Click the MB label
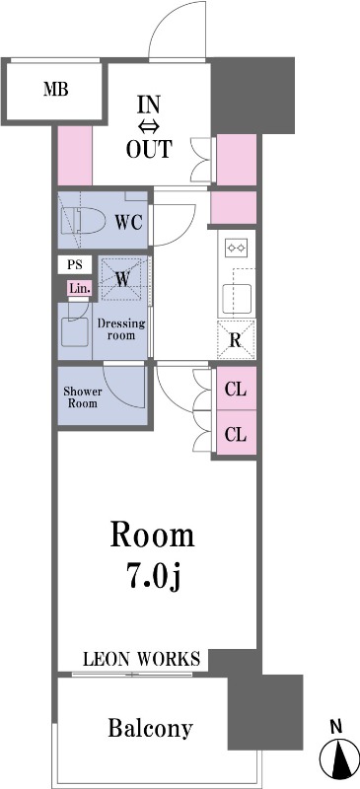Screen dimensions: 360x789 tap(56, 90)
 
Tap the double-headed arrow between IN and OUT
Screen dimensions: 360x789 tap(149, 126)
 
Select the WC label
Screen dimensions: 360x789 tap(130, 220)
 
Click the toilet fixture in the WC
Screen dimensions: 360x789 tap(83, 221)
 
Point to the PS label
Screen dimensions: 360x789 tap(75, 264)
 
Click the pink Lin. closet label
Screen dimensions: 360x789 tap(80, 289)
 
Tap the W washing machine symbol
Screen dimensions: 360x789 tap(122, 278)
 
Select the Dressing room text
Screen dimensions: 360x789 tap(121, 328)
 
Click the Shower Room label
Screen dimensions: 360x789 tap(82, 397)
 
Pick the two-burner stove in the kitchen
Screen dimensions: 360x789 tap(236, 248)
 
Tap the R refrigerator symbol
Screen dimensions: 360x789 tap(236, 339)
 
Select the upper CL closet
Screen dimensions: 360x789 tap(236, 390)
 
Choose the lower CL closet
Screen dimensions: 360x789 tap(236, 433)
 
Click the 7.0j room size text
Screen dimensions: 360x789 tap(153, 579)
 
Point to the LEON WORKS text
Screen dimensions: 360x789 tap(141, 658)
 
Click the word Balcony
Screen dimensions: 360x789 tap(151, 728)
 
